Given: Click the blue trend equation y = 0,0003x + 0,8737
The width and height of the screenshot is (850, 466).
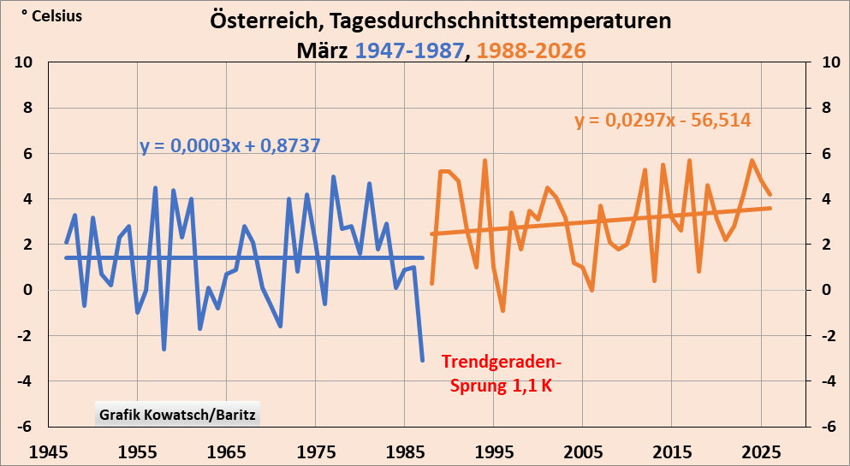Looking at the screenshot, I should (229, 145).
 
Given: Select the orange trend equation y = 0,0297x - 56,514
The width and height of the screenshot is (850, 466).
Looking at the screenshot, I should (663, 121).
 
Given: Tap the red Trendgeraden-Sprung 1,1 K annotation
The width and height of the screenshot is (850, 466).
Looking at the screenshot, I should (502, 374).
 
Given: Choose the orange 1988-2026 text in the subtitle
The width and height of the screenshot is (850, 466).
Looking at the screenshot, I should (532, 50).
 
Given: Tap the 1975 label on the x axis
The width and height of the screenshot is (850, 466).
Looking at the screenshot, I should (316, 451).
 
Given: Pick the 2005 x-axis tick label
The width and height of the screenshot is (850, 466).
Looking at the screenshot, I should (583, 451).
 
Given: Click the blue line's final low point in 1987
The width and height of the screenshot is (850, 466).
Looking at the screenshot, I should (422, 360).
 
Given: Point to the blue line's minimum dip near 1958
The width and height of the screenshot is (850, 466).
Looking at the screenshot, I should (164, 349).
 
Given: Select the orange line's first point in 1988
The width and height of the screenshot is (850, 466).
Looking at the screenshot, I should (431, 283).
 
